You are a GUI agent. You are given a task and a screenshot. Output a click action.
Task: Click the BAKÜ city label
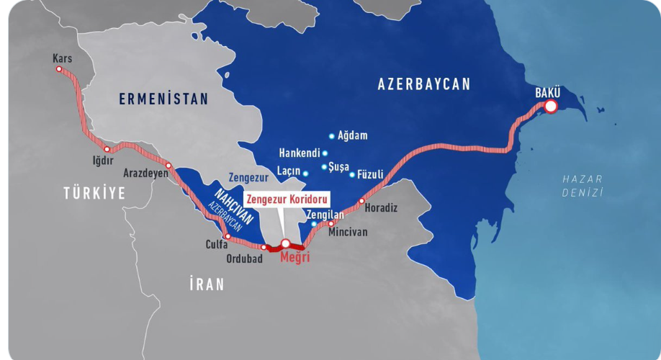[x=547, y=92]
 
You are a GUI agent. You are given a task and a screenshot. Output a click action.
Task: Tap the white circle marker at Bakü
[x=551, y=107]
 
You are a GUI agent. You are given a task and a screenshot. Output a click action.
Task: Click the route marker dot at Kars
[x=59, y=69]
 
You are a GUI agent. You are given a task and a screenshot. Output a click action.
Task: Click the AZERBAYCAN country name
[x=423, y=84]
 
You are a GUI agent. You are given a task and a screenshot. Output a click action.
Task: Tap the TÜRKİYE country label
[x=94, y=193]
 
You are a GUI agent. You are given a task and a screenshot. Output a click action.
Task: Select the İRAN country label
[x=207, y=284]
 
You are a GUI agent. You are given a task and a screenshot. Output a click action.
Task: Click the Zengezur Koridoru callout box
[x=287, y=199]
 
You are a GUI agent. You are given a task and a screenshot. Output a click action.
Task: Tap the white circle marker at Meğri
[x=285, y=243]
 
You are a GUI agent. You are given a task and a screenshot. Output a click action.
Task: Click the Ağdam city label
[x=351, y=135]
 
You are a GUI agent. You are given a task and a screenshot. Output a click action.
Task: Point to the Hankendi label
[x=299, y=153]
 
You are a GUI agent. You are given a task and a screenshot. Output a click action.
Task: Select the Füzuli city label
[x=370, y=174]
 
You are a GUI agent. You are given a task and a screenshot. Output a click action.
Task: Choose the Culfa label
[x=216, y=245]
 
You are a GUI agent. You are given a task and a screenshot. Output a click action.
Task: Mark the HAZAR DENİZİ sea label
[x=583, y=185]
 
